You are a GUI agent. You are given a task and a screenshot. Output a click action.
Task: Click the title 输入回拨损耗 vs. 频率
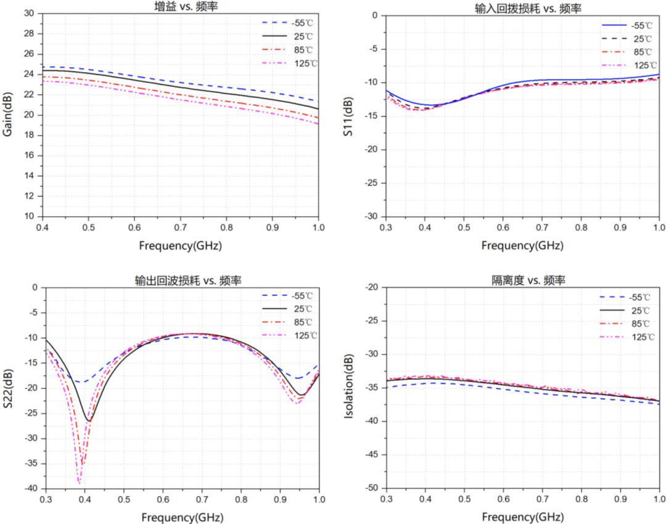523,7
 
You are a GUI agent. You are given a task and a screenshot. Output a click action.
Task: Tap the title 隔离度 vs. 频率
522,280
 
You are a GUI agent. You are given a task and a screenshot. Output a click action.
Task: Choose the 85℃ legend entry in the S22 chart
302,322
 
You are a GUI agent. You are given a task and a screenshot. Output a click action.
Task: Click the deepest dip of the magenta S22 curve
79,482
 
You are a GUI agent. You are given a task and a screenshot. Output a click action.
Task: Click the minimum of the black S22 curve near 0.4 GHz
89,421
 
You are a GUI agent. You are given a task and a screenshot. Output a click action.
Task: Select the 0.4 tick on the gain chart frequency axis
42,227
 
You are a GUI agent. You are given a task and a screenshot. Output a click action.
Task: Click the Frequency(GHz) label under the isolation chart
523,516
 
